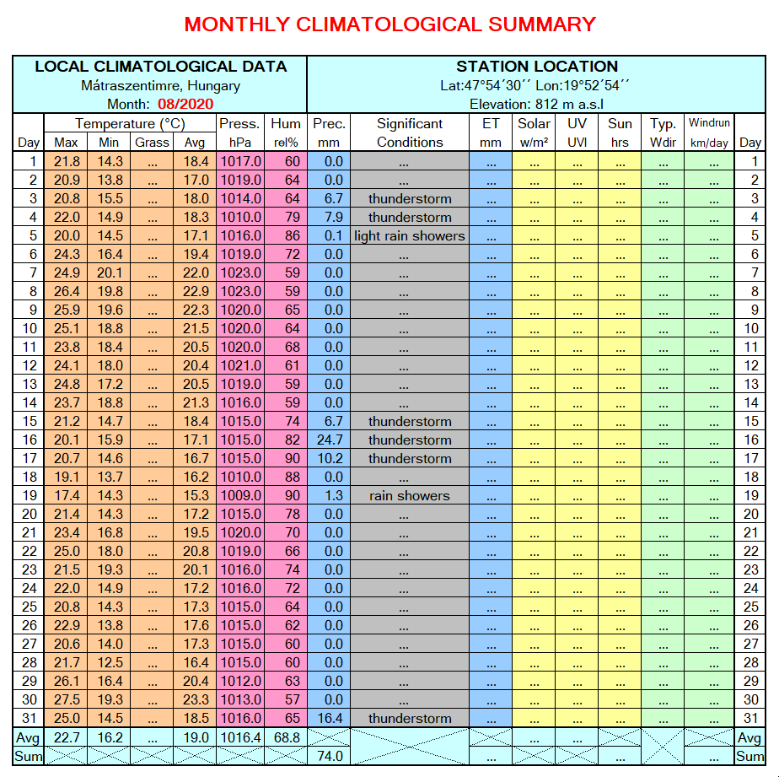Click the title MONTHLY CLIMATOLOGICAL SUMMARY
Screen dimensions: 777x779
(x=389, y=24)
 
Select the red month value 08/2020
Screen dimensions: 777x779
(x=185, y=104)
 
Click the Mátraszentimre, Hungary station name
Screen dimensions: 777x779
(x=160, y=85)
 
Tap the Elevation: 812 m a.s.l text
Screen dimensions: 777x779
(x=537, y=104)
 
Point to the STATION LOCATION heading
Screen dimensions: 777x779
(x=537, y=67)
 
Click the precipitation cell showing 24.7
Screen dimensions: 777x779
(x=328, y=440)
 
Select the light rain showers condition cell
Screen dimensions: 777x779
(x=410, y=235)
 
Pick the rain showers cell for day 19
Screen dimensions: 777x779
(x=410, y=495)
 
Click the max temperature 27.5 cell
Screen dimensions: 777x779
(x=67, y=699)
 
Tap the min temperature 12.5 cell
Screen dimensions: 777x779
(x=110, y=662)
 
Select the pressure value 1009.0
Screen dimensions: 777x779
(x=241, y=495)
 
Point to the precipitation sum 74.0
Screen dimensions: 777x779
(x=328, y=756)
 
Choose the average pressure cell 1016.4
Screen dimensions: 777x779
(x=241, y=737)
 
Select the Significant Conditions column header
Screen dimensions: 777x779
(x=410, y=132)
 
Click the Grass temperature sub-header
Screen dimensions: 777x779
(x=152, y=143)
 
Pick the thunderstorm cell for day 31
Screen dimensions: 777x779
(x=410, y=718)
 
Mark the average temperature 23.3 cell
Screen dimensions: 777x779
(x=195, y=699)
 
